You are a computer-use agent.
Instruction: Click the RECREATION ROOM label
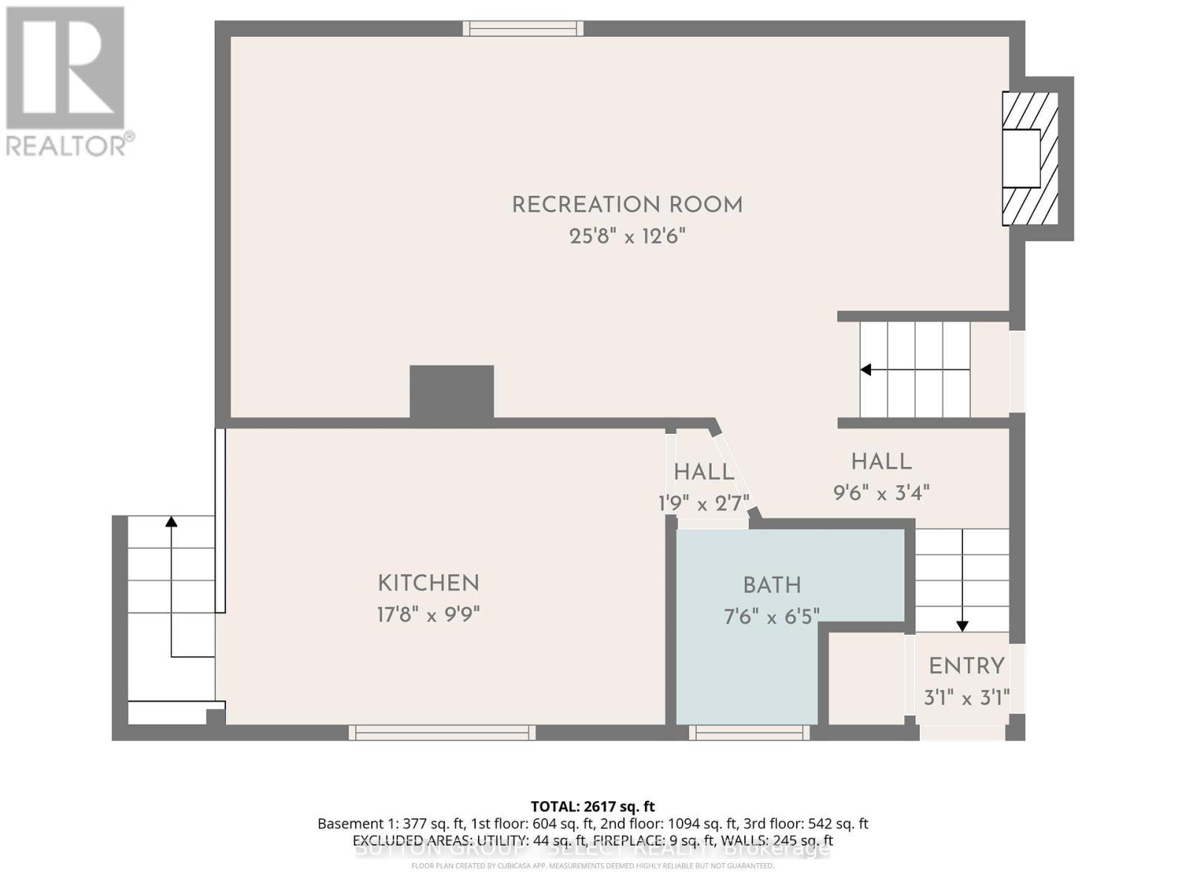click(x=627, y=205)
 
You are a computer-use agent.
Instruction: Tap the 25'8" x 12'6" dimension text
click(x=627, y=237)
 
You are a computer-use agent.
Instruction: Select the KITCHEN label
click(x=428, y=584)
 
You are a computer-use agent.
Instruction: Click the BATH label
click(x=772, y=586)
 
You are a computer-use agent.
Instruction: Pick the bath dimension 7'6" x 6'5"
click(x=772, y=617)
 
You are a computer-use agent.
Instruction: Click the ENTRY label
click(x=967, y=666)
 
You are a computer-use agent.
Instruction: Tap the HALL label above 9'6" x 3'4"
click(x=881, y=462)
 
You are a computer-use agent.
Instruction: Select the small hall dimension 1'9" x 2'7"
click(x=704, y=504)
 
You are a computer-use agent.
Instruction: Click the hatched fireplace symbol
click(x=1030, y=159)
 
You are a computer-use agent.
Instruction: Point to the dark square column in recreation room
click(x=452, y=392)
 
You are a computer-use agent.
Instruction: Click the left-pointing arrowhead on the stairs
click(x=865, y=369)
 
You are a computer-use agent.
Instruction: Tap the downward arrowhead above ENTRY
click(x=962, y=626)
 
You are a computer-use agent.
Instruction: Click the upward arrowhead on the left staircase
click(x=171, y=521)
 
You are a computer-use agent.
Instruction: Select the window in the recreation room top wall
click(x=523, y=28)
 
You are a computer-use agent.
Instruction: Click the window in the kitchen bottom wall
click(x=442, y=733)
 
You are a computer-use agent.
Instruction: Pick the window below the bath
click(x=749, y=733)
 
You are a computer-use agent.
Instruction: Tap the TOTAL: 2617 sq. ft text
click(x=592, y=806)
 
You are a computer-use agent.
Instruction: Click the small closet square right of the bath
click(x=865, y=678)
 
